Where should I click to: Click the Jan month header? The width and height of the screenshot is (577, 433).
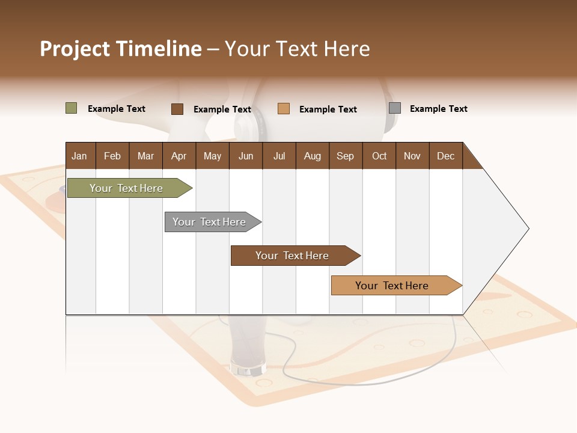coord(79,156)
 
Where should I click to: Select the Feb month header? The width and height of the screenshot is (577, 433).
coord(112,156)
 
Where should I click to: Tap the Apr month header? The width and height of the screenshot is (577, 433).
coord(179,156)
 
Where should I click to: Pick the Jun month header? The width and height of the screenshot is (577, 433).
coord(246,156)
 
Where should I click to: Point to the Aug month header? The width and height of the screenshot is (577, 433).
coord(312,156)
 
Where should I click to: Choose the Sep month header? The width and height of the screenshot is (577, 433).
coord(345,156)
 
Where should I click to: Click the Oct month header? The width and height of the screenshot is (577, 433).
coord(379,156)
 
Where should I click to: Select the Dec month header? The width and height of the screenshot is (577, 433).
coord(445,156)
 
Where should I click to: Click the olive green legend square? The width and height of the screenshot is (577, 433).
coord(71,108)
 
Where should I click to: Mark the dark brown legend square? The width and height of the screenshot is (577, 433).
coord(177,109)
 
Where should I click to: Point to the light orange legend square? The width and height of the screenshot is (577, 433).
coord(284,109)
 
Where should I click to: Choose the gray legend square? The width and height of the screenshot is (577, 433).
coord(395,108)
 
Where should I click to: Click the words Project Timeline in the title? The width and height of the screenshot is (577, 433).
coord(121,49)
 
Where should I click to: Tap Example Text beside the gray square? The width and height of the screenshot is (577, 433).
coord(438,109)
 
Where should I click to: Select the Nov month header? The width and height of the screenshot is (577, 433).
coord(412,156)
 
